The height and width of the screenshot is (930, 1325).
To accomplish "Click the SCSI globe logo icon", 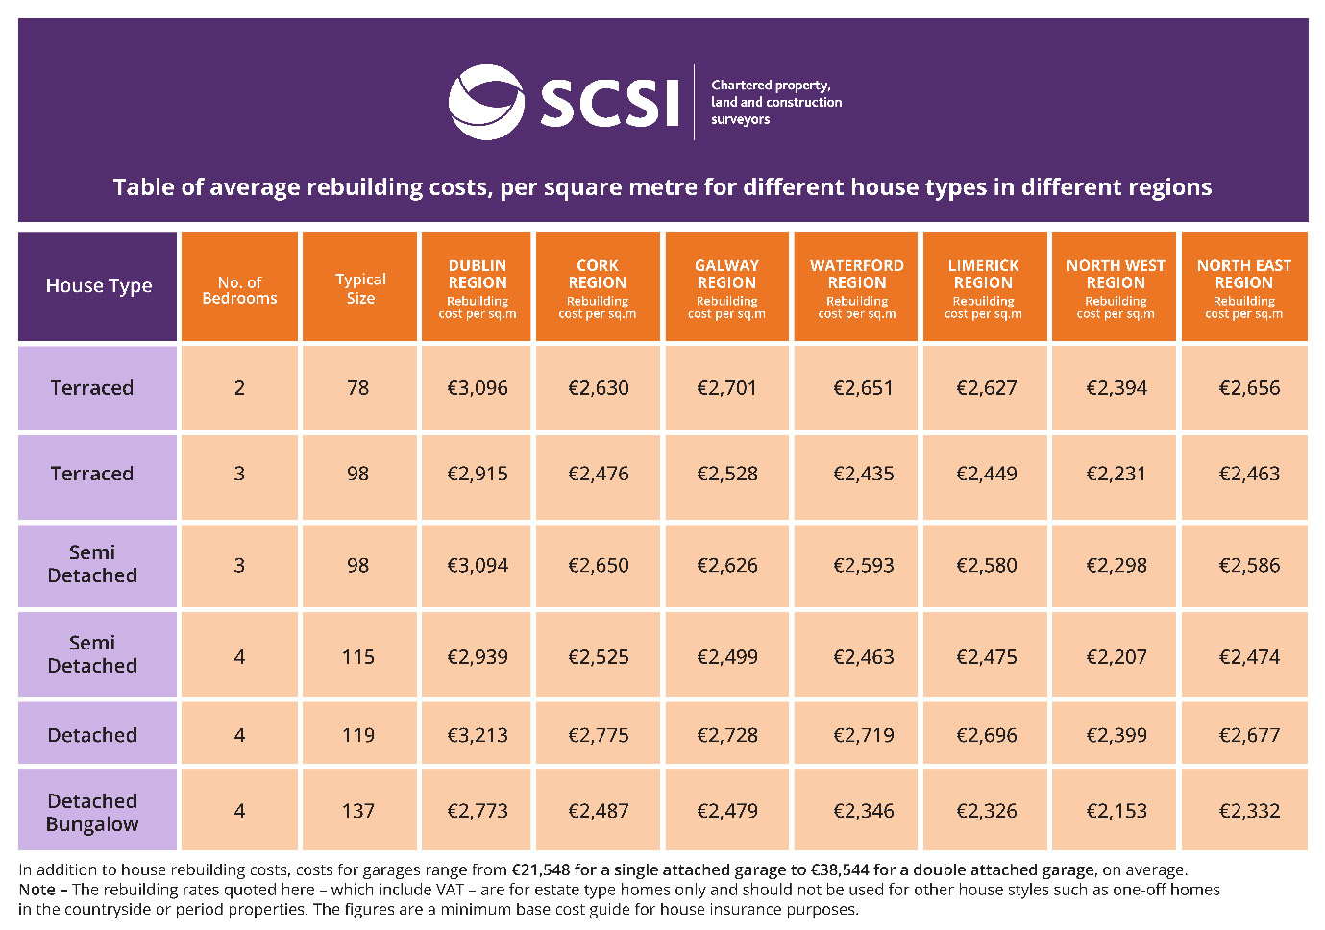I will pos(486,102).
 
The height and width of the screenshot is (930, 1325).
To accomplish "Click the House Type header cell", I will pos(98,286).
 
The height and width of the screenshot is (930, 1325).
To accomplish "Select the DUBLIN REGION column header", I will pos(477,286).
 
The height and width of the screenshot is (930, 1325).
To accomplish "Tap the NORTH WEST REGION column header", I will pos(1115,286).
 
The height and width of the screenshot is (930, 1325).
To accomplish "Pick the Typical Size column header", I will pos(360,287).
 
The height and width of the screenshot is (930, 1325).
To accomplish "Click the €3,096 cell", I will pos(477,388).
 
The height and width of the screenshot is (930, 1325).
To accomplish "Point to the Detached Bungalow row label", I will pos(92,812).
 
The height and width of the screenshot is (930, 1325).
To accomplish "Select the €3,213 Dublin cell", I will pos(477,735).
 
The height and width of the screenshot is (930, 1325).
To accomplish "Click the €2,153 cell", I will pos(1116,811).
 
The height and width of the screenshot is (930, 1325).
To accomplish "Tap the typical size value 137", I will pos(357,811).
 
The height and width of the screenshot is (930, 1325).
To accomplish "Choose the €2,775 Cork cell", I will pos(598,735).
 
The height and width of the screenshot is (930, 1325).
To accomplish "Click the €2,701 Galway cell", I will pos(726,388).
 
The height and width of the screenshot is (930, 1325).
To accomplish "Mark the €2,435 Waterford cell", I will pos(863,474).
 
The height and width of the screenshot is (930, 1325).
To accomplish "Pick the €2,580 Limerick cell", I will pos(986,566).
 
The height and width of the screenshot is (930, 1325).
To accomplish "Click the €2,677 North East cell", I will pos(1249,735).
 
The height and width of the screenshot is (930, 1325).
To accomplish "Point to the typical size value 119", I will pos(357,735).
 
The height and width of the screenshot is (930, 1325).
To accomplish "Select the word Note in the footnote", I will pos(37,890).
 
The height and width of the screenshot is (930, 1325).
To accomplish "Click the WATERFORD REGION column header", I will pos(856,286).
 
